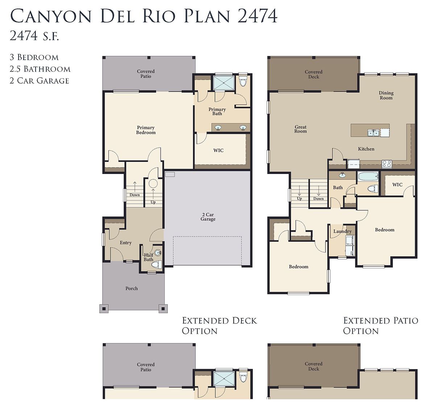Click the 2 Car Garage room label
(x=208, y=217)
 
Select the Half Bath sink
(x=158, y=252)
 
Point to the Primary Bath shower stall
(x=223, y=83)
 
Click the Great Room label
(x=300, y=129)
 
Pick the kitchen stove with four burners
(x=386, y=164)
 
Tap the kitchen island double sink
(x=373, y=133)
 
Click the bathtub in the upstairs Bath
(x=368, y=177)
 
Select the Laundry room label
(x=342, y=231)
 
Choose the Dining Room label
(x=386, y=95)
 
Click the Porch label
(x=132, y=288)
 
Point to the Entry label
(x=125, y=243)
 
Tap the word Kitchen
(x=366, y=149)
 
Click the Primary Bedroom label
(x=146, y=130)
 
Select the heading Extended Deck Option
(x=219, y=326)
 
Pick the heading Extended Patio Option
(x=381, y=326)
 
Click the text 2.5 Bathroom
(x=40, y=69)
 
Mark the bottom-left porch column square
(x=104, y=309)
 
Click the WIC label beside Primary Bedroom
(x=218, y=150)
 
